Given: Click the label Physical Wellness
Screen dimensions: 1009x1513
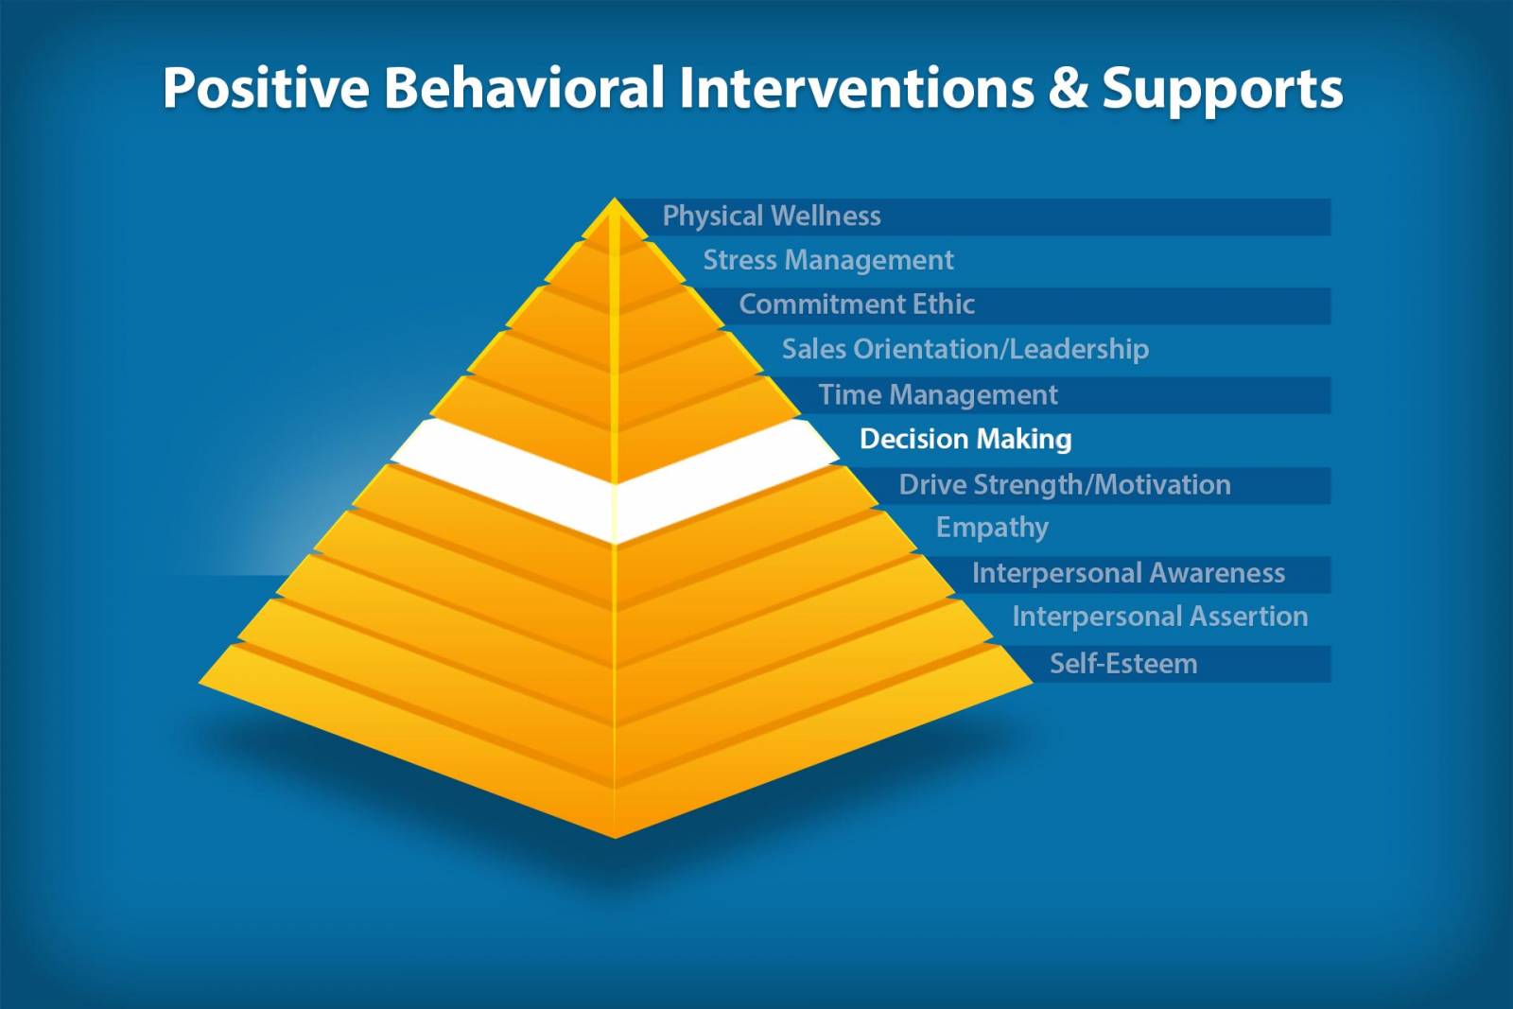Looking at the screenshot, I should click(771, 217).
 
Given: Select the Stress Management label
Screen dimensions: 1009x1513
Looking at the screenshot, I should click(827, 260).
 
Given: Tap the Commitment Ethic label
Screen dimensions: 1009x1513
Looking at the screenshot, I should click(856, 304).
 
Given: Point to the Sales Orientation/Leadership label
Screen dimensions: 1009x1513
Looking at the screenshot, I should click(965, 349).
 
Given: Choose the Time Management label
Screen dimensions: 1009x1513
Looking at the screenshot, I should click(937, 394).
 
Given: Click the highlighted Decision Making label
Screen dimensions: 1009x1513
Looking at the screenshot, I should click(965, 439).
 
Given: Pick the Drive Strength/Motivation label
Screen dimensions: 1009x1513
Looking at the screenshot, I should click(1064, 484).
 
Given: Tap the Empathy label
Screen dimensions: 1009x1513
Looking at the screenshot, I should click(991, 528).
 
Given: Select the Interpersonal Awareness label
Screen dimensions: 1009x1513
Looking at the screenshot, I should click(1127, 573).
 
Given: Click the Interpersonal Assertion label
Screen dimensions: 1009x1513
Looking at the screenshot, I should click(1159, 617).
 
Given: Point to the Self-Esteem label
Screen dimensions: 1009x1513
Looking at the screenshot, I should click(1122, 664).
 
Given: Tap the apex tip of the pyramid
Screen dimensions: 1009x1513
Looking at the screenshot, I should click(615, 200).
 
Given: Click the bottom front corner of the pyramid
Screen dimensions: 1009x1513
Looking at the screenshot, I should click(615, 836).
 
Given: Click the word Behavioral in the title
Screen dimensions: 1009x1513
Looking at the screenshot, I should click(523, 88).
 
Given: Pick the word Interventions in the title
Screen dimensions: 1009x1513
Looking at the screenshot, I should click(856, 88).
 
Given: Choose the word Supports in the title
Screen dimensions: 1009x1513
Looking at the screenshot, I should click(1222, 88).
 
